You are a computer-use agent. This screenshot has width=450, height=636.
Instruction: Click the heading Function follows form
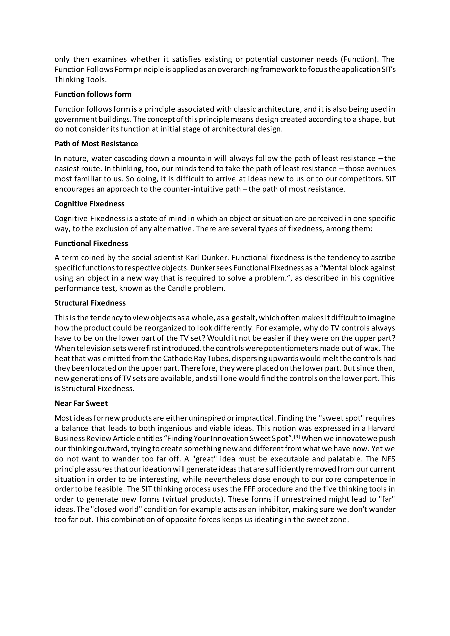(x=93, y=94)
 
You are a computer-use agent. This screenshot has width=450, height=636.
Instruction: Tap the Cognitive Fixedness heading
(x=89, y=204)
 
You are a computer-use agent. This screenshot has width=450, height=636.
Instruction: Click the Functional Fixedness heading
(x=91, y=244)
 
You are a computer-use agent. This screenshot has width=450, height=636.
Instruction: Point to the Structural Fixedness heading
(x=90, y=303)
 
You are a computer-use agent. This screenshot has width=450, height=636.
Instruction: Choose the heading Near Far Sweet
(x=81, y=403)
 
